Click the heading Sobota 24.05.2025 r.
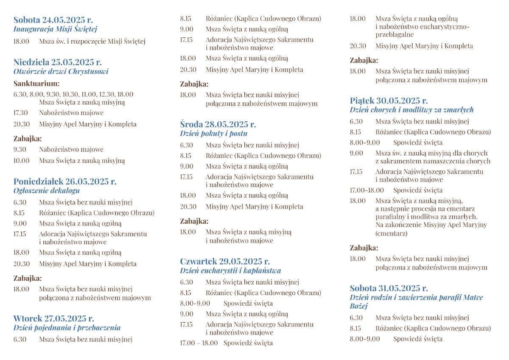click(53, 20)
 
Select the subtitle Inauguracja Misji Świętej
click(55, 29)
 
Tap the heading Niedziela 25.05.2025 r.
click(57, 62)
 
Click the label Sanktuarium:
click(36, 84)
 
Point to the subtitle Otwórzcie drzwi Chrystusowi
click(61, 71)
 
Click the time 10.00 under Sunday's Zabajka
click(21, 161)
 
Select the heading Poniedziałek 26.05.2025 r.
click(64, 181)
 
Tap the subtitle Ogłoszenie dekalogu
click(46, 191)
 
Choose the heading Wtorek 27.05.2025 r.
click(53, 318)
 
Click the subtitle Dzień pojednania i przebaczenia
click(67, 328)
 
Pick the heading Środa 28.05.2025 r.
click(218, 124)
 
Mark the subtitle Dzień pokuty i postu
click(213, 134)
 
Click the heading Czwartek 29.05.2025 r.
click(224, 261)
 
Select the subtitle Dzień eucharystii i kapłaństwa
click(230, 271)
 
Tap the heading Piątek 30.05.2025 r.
click(389, 100)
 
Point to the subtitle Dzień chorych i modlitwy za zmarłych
click(411, 110)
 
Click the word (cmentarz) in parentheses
click(391, 233)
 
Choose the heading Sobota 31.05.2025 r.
click(389, 288)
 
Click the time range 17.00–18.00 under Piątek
click(366, 190)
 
